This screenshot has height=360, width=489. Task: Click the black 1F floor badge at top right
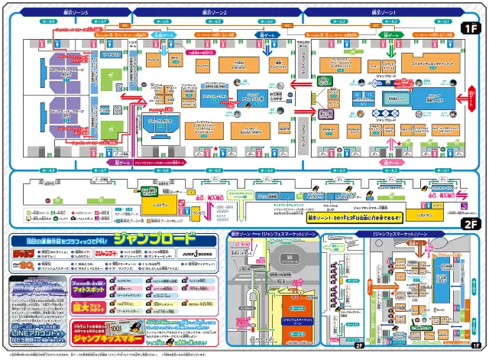point(468,28)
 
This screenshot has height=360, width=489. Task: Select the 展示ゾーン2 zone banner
point(216,13)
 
